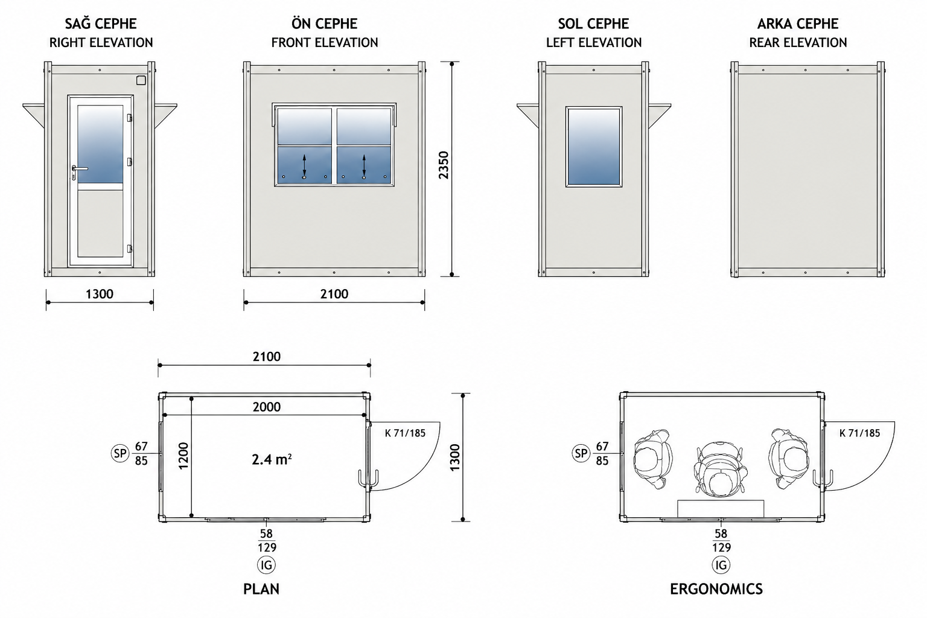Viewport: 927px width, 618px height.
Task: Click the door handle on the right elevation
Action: point(80,169)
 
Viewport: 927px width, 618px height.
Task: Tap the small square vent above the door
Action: point(141,80)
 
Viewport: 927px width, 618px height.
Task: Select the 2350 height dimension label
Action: point(444,165)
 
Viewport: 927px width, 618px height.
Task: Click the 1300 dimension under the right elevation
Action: point(100,294)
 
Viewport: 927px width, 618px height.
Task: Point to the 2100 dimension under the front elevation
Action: point(334,294)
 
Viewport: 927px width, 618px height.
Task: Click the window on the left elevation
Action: point(594,147)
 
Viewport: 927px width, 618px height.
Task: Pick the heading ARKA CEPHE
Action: point(798,24)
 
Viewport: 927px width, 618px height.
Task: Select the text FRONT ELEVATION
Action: point(325,43)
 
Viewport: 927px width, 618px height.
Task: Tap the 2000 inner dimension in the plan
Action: point(267,407)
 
